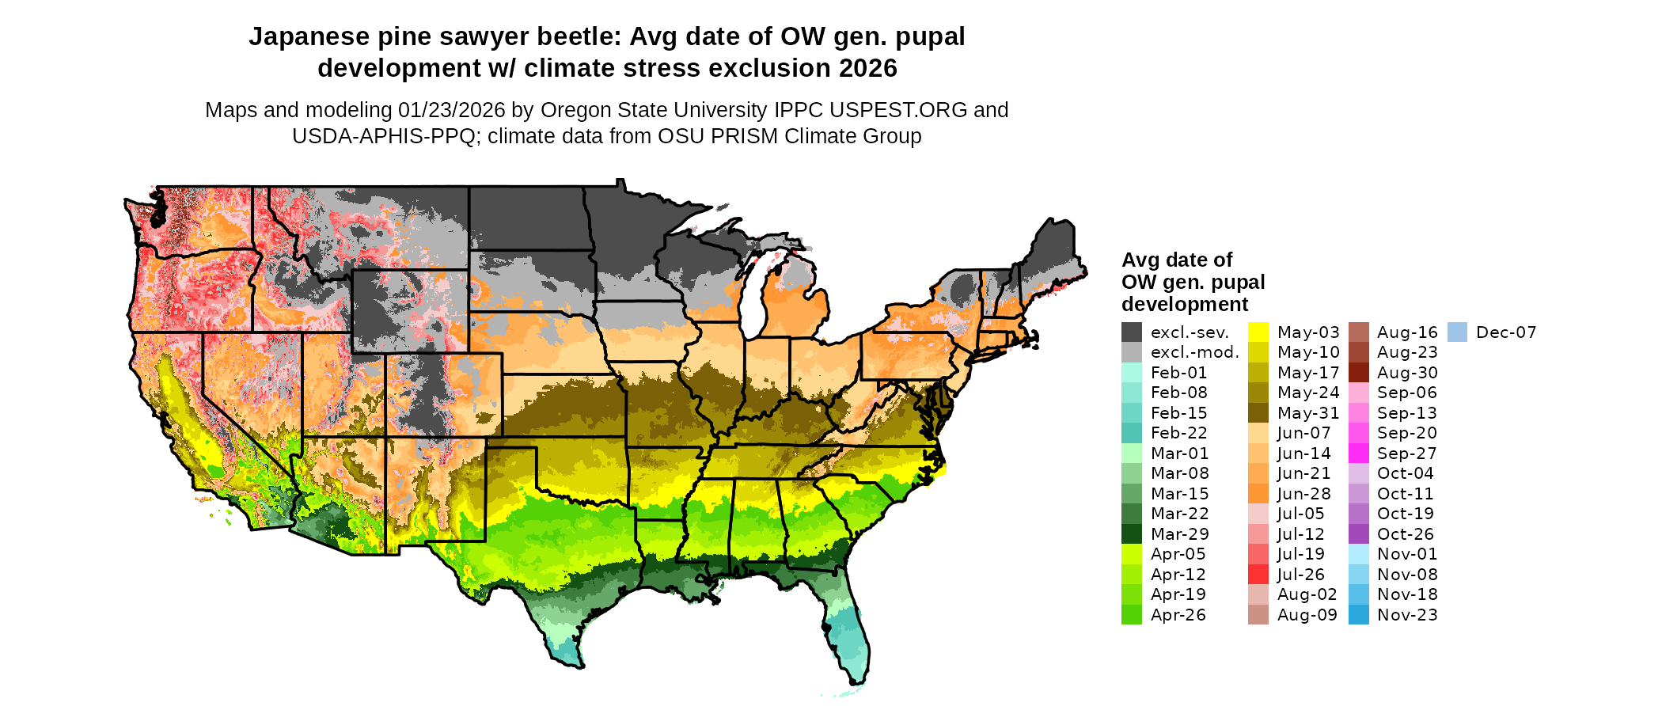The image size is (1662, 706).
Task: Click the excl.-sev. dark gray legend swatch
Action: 1132,332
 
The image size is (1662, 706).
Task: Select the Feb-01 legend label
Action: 1178,373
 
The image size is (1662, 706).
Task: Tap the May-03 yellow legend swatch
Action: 1258,332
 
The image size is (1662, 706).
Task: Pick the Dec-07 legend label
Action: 1506,332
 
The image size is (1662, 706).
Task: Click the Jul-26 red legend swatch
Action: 1258,575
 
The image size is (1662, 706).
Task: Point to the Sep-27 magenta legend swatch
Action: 1358,454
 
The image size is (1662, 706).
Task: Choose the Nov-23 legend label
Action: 1407,615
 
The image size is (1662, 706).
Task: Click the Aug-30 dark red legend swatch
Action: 1358,373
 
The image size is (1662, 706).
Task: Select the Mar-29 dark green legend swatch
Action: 1132,534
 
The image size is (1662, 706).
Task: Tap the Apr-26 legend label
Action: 1178,615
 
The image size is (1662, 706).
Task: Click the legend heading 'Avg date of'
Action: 1177,260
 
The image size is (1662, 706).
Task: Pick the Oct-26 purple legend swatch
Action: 1358,534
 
